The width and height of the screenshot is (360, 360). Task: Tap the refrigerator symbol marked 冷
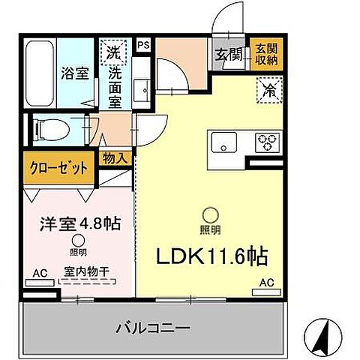click(x=268, y=91)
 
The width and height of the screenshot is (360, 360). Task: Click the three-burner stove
click(x=268, y=140)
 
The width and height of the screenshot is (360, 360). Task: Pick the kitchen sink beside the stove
click(x=225, y=140)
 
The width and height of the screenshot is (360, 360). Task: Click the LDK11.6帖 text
click(x=211, y=257)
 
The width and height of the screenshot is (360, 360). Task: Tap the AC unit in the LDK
click(x=266, y=283)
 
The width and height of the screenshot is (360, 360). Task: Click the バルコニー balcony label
click(x=152, y=327)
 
